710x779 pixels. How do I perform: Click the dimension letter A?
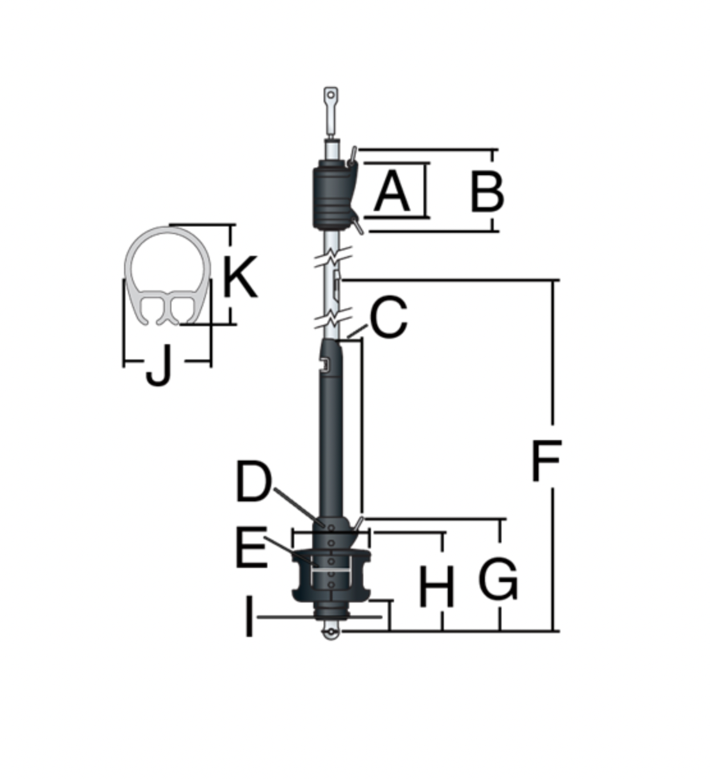pos(391,192)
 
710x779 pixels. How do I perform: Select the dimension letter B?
pos(487,193)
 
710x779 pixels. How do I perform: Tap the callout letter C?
pos(388,317)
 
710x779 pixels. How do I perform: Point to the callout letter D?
pos(253,481)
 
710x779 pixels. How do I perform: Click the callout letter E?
pos(251,547)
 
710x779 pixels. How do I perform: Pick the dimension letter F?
pos(546,460)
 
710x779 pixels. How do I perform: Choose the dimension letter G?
pos(498,579)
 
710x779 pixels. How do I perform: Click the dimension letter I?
pos(249,617)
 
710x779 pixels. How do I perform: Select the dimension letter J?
pos(159,366)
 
